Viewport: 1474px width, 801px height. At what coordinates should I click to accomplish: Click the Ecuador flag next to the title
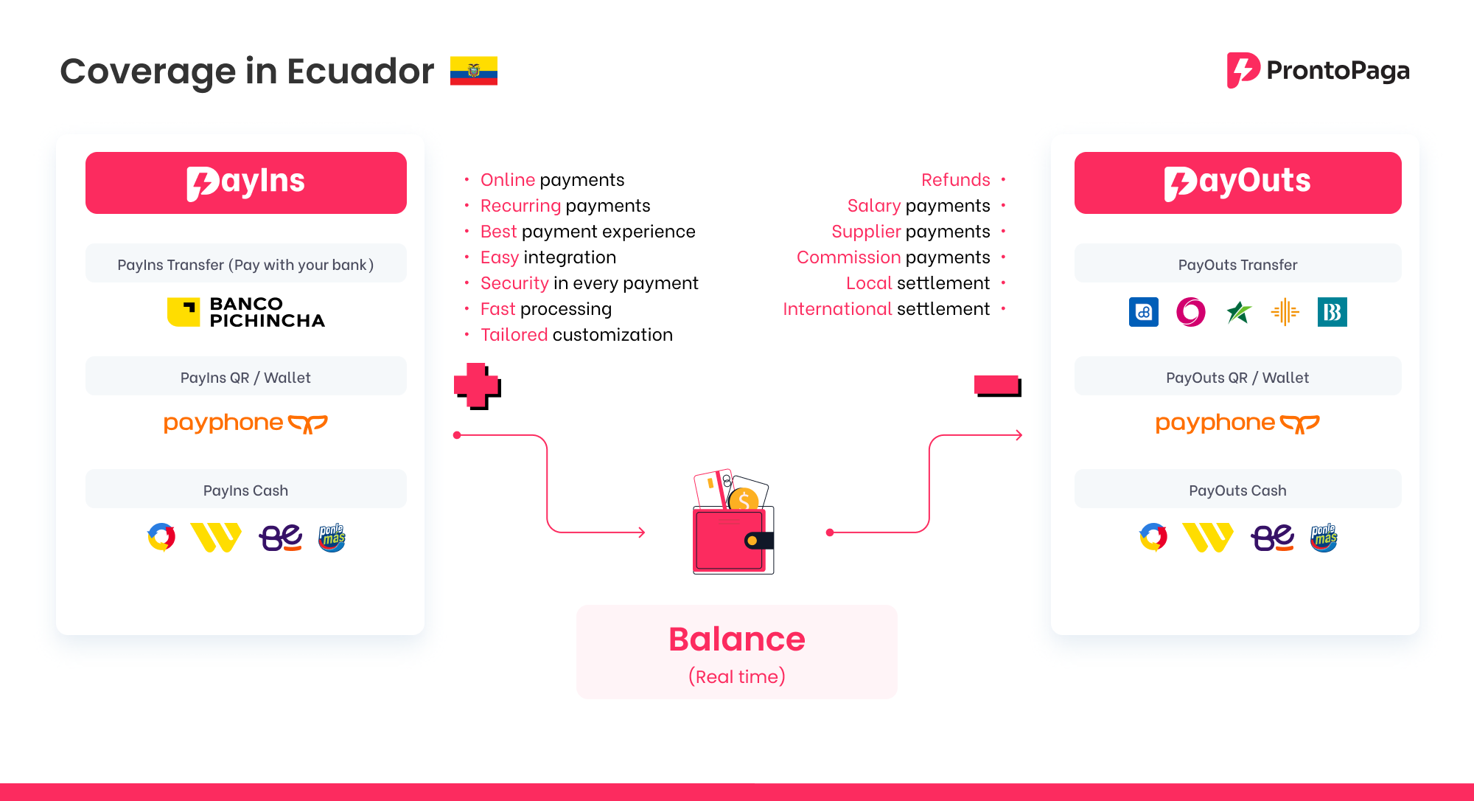pos(474,71)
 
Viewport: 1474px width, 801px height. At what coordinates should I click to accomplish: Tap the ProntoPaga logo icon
pos(1243,70)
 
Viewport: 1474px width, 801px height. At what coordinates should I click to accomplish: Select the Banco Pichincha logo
pos(246,312)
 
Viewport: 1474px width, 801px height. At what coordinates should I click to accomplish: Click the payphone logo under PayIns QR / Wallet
pos(245,423)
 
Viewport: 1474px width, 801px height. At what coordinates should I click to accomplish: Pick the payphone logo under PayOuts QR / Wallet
pos(1237,423)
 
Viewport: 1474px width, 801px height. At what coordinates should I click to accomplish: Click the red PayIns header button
pos(246,183)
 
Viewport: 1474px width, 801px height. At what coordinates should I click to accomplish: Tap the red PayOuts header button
pos(1238,183)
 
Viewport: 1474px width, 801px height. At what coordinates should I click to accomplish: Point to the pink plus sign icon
pos(477,386)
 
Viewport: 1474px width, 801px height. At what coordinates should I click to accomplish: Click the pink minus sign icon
pos(998,385)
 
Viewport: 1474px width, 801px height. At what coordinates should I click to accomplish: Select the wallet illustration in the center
pos(733,521)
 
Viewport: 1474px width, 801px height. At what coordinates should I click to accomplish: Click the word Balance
pos(737,639)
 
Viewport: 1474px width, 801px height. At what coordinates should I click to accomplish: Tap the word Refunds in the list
pos(956,180)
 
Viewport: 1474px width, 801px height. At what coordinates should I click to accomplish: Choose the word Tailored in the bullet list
pos(514,335)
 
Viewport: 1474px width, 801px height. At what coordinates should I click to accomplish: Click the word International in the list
pos(837,309)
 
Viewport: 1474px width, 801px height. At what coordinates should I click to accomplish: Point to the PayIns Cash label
pos(245,490)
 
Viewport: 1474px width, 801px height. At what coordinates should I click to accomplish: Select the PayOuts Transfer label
pos(1237,265)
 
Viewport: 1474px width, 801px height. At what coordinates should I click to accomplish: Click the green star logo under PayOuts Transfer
pos(1239,312)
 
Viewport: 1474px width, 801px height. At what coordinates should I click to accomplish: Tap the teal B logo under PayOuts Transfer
pos(1332,312)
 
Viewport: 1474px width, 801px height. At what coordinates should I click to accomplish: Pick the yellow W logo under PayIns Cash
pos(216,538)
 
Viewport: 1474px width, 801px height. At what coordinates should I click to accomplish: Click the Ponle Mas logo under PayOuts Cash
pos(1324,538)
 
